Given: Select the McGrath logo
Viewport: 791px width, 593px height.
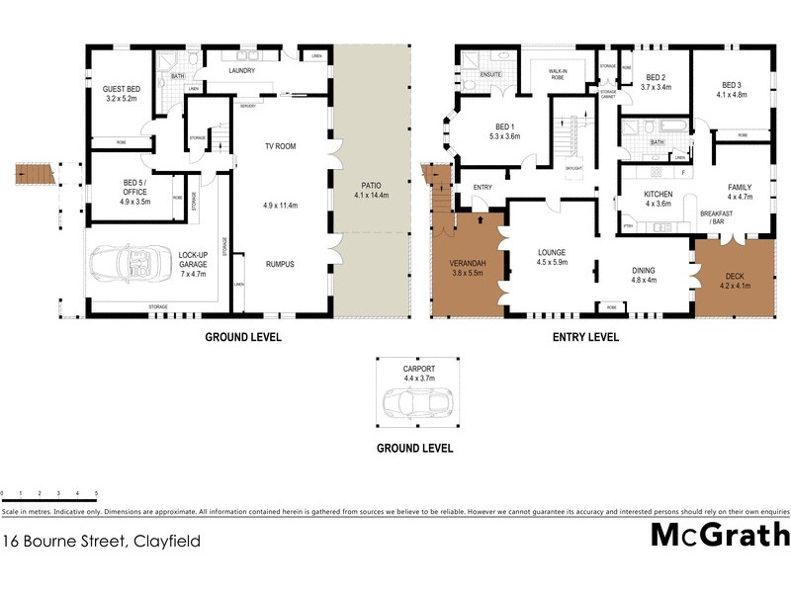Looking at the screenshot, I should (x=720, y=535).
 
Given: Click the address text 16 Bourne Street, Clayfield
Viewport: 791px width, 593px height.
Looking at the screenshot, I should (x=101, y=541).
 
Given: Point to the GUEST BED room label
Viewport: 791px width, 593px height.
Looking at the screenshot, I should (x=121, y=95).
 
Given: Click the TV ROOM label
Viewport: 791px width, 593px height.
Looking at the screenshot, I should (x=280, y=146).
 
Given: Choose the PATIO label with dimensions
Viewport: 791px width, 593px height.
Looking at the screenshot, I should (x=372, y=190).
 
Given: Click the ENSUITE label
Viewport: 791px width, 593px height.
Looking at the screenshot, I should (x=491, y=74).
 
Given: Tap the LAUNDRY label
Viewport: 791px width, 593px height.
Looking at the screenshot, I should (x=241, y=70).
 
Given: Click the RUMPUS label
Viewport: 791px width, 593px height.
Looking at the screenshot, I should (x=280, y=264).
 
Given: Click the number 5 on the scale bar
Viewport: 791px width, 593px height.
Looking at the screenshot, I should (x=96, y=492).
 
